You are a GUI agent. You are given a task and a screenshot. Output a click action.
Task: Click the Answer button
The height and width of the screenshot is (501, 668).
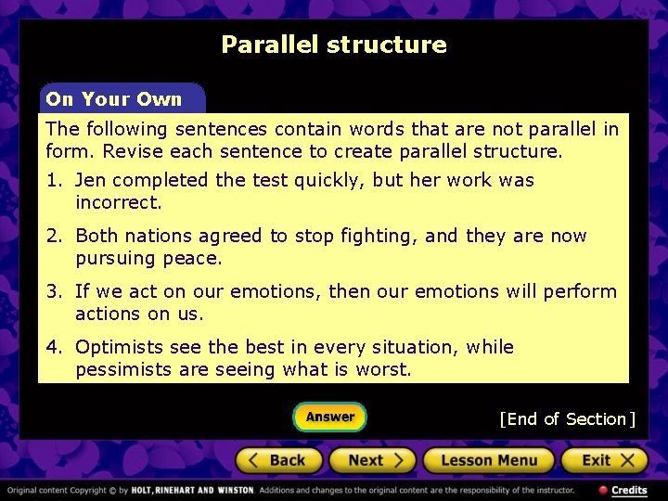(x=330, y=417)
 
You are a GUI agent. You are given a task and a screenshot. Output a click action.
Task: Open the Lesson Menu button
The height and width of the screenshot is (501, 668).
(x=489, y=460)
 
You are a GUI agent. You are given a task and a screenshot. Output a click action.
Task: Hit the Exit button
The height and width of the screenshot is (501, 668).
(x=605, y=460)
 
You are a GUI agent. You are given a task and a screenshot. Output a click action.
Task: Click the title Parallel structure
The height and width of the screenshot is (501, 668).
(x=334, y=45)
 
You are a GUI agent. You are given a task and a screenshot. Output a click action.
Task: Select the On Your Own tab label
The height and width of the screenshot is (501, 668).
(x=114, y=99)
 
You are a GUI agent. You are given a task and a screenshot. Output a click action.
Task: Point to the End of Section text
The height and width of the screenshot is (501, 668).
(x=567, y=419)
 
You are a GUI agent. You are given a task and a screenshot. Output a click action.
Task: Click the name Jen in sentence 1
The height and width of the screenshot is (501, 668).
(x=91, y=180)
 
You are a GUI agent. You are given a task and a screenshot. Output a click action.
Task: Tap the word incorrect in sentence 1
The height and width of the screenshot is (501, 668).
(x=118, y=202)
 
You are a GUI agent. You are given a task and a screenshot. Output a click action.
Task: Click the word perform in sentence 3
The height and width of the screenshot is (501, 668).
(x=580, y=291)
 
